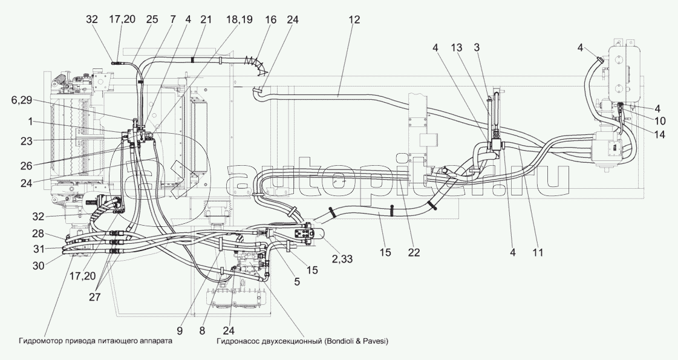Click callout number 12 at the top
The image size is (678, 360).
point(354,19)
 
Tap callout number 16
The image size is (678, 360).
point(270,19)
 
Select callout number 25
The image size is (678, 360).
point(152,19)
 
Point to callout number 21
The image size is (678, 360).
point(206,19)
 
